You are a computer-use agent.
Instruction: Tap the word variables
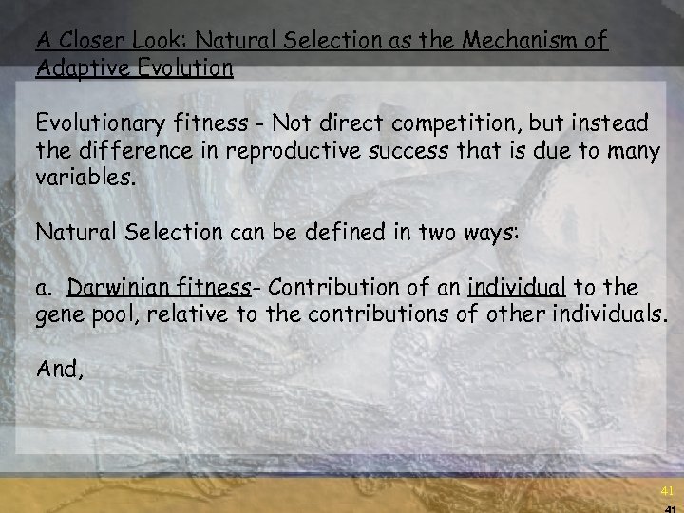click(81, 178)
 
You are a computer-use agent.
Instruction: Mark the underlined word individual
click(516, 288)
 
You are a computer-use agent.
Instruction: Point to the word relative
click(187, 314)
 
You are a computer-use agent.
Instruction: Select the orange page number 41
click(667, 491)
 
